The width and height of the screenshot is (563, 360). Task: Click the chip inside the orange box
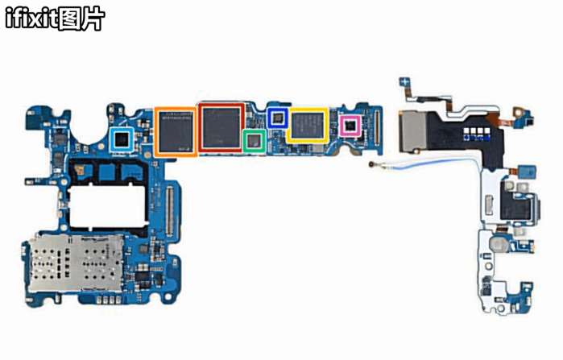[175, 130]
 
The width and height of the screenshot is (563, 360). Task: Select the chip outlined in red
[221, 126]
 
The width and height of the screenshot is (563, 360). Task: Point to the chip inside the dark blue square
[279, 118]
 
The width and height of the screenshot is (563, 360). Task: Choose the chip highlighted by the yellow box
[307, 125]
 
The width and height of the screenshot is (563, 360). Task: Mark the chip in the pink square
[350, 126]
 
